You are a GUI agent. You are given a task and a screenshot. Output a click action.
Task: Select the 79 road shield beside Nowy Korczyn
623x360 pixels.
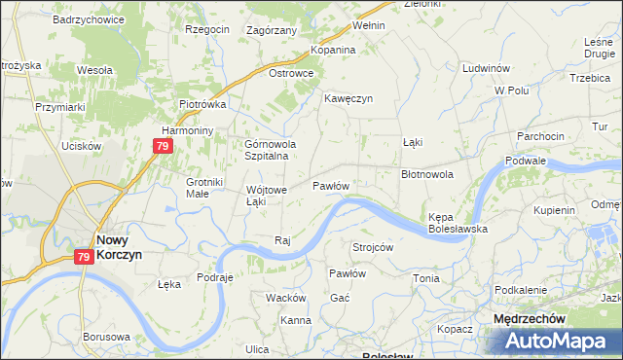click(85, 257)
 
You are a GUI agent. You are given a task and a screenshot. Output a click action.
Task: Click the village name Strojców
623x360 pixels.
click(373, 247)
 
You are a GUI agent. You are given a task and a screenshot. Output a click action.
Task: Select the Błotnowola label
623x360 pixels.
click(427, 174)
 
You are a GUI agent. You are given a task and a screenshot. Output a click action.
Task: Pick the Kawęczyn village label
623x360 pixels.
click(348, 98)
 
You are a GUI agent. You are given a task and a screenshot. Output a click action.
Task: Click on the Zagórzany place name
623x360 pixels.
click(272, 30)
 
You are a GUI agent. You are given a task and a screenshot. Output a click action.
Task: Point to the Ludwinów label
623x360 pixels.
click(488, 69)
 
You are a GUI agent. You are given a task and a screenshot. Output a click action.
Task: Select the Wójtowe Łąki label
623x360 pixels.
click(267, 196)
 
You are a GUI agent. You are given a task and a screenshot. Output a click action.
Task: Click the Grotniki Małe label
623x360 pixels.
click(205, 187)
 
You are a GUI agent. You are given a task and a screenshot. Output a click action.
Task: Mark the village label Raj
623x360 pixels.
click(283, 240)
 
